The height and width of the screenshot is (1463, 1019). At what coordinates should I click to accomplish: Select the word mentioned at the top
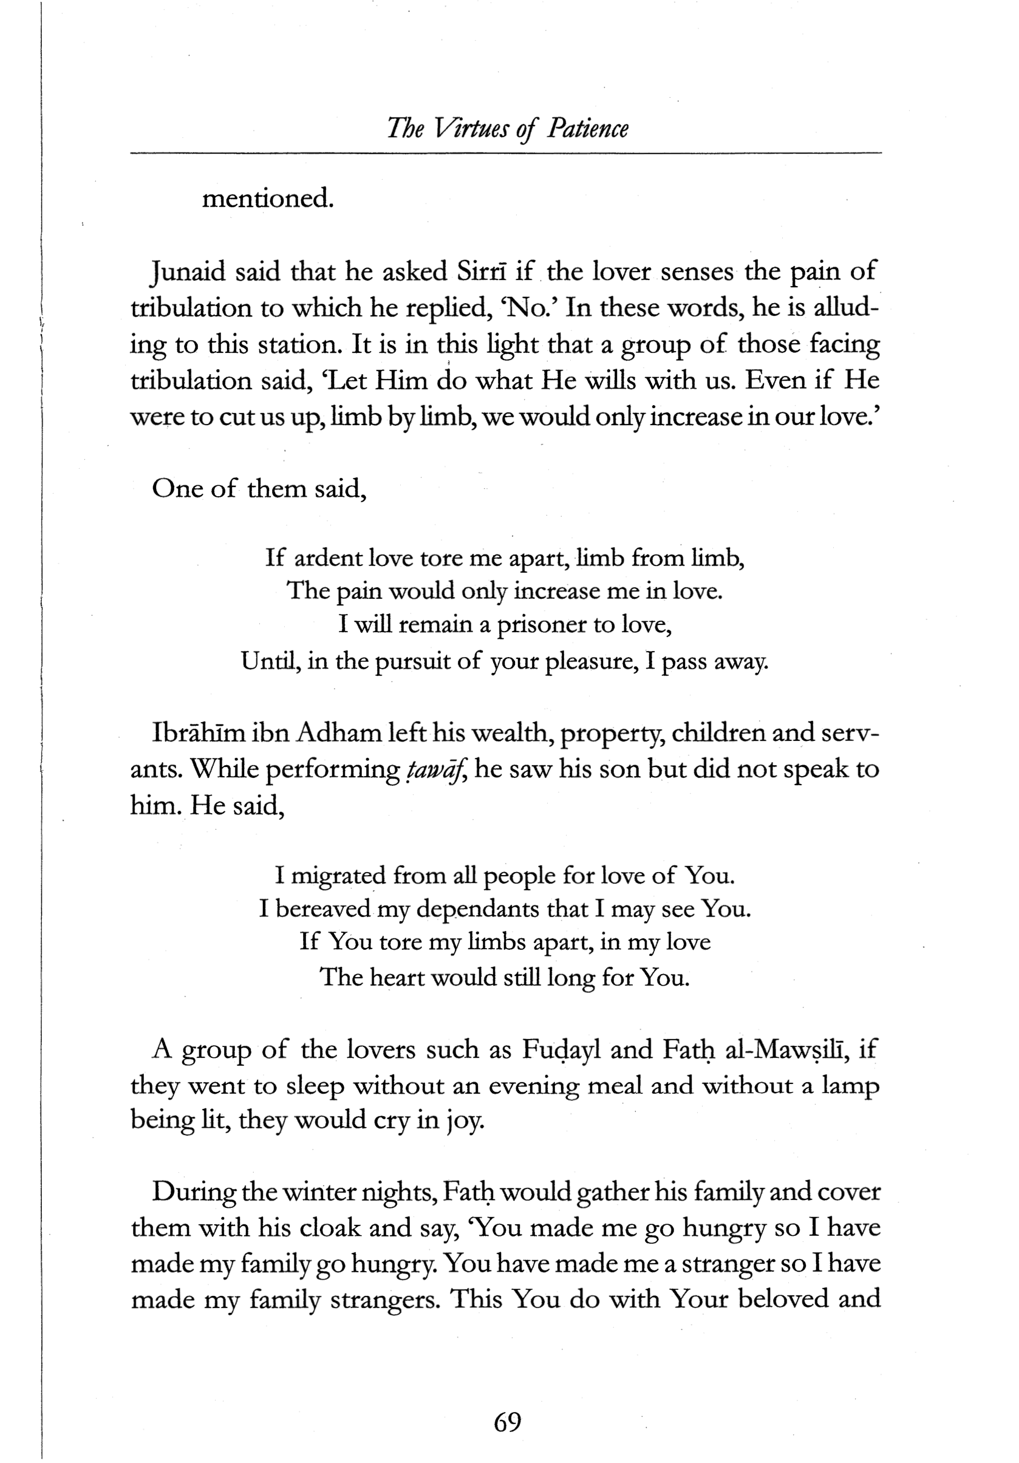268,199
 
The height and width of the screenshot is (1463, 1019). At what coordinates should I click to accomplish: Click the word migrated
338,876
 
